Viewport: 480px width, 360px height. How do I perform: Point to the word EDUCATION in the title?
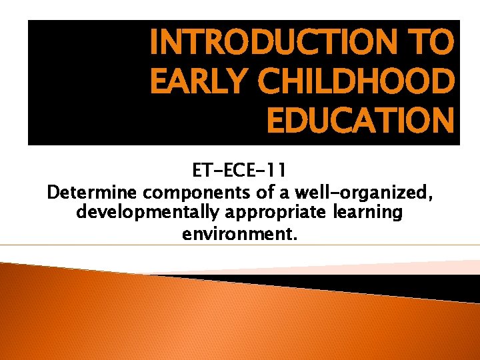tap(360, 121)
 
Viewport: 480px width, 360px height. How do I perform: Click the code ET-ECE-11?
tap(239, 173)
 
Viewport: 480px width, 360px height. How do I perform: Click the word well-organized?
tap(365, 193)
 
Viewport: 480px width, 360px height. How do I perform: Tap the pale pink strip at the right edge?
tap(460, 266)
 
